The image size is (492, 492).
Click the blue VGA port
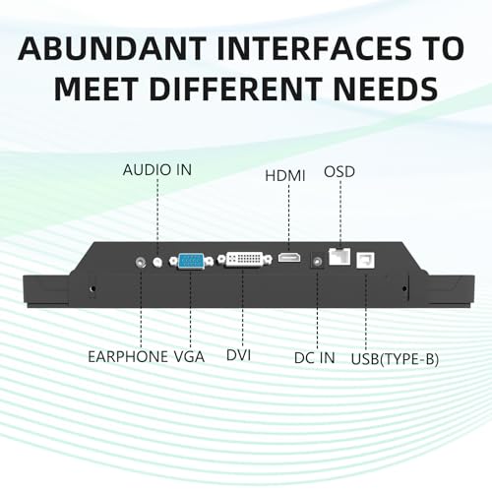pyautogui.click(x=191, y=261)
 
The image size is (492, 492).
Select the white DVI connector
pyautogui.click(x=245, y=259)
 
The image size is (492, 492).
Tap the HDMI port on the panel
pyautogui.click(x=289, y=258)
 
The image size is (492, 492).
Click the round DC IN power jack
pyautogui.click(x=317, y=262)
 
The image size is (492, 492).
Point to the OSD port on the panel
pyautogui.click(x=339, y=257)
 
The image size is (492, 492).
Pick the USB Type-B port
pyautogui.click(x=365, y=260)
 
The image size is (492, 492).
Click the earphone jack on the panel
pyautogui.click(x=141, y=262)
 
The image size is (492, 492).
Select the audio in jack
pyautogui.click(x=157, y=262)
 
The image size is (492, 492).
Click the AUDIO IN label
pyautogui.click(x=157, y=170)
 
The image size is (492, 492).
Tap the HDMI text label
pyautogui.click(x=285, y=176)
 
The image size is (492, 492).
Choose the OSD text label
pyautogui.click(x=339, y=172)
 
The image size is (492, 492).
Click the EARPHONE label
pyautogui.click(x=128, y=356)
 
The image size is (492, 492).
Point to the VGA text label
pyautogui.click(x=189, y=356)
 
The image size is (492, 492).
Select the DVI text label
pyautogui.click(x=239, y=355)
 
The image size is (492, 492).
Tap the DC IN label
pyautogui.click(x=315, y=358)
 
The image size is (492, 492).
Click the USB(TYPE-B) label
pyautogui.click(x=395, y=359)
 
